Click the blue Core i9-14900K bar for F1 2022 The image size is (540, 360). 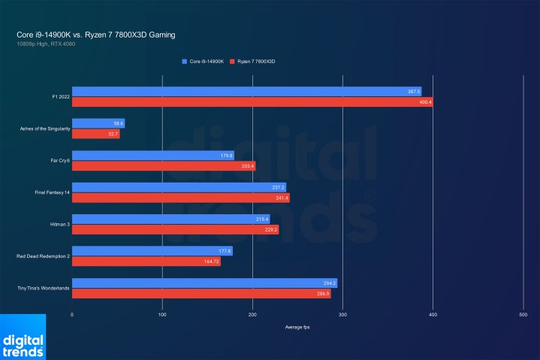(252, 92)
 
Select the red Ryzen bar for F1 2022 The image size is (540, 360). (252, 102)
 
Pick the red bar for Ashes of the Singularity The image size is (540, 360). (95, 134)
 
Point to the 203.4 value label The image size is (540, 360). (248, 166)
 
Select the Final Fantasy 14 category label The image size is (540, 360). (44, 192)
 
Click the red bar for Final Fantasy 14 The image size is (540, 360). (180, 198)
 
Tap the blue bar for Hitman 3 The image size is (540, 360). (170, 219)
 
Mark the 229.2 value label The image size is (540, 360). (270, 229)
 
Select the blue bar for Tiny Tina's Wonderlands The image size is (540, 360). (204, 283)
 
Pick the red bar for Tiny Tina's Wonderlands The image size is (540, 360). (201, 293)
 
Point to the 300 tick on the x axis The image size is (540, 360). (342, 315)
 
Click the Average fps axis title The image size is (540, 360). (297, 328)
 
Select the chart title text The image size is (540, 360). (96, 35)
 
